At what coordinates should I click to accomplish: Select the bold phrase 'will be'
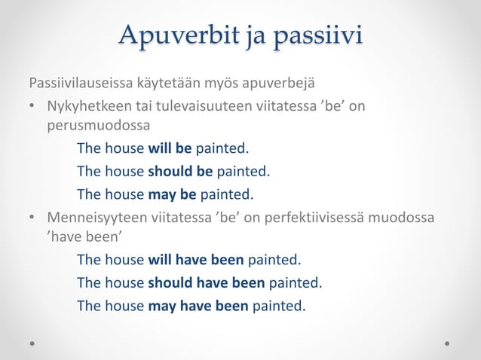click(x=170, y=148)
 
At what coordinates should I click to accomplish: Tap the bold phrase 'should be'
click(x=180, y=171)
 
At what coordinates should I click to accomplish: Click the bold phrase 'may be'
click(x=172, y=194)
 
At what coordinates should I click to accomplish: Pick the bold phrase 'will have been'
click(x=195, y=260)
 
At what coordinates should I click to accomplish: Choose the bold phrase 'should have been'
click(x=206, y=282)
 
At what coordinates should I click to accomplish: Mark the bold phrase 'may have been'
click(x=198, y=305)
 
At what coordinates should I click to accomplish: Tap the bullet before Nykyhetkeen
click(x=33, y=105)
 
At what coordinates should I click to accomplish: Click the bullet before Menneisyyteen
click(x=33, y=218)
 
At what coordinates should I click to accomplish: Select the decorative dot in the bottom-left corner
click(x=32, y=343)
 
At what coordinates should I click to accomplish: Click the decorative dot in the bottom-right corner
click(x=447, y=343)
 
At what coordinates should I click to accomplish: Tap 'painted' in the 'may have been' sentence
click(x=279, y=305)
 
